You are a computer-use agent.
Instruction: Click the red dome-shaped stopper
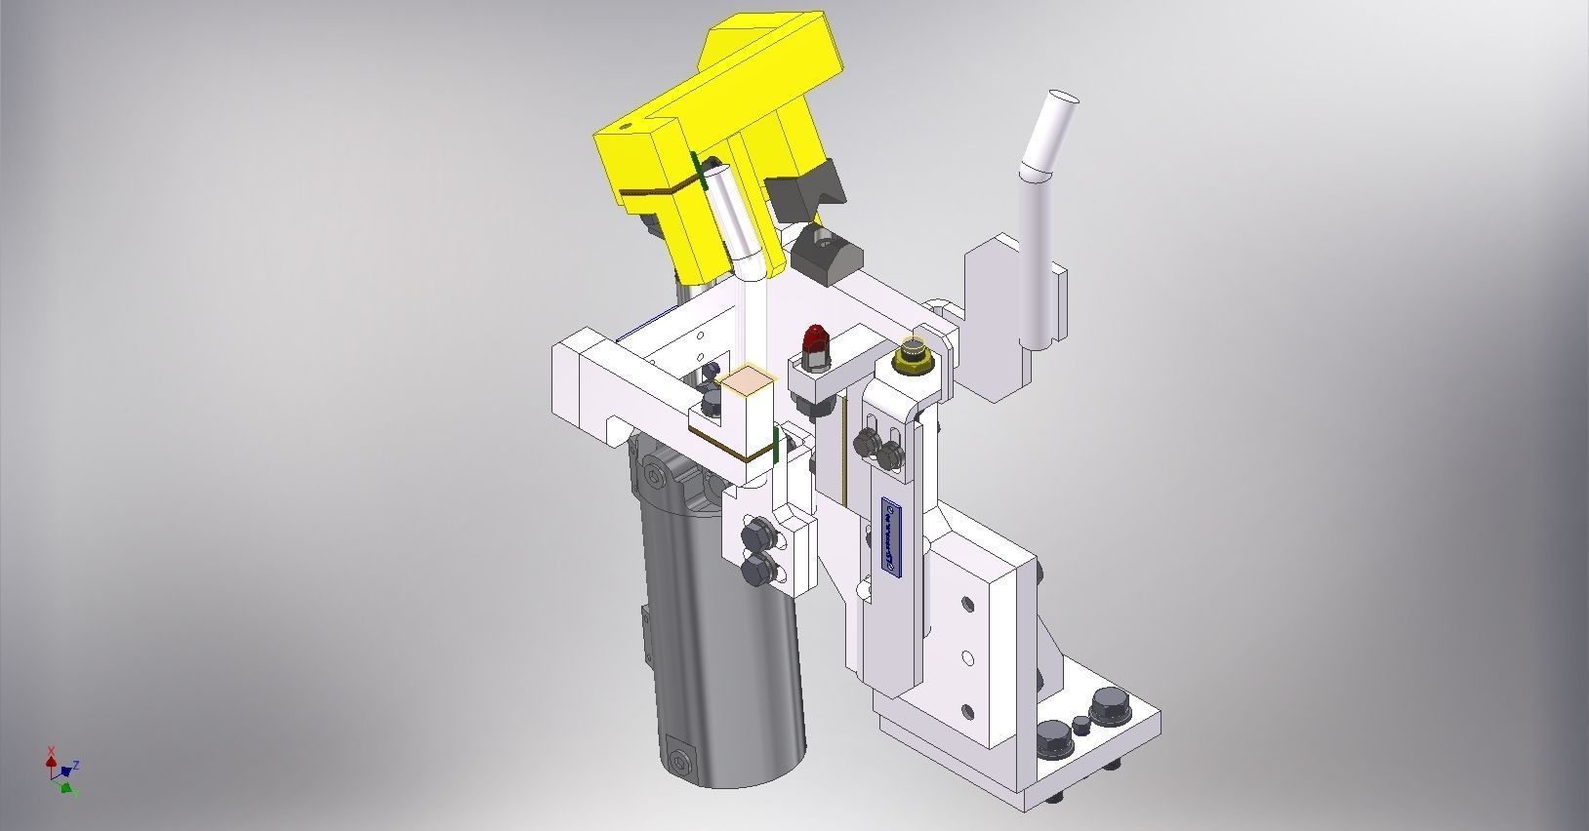tap(813, 342)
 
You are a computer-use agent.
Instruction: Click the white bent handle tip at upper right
tap(1061, 99)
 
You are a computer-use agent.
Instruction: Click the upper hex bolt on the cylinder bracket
tap(756, 536)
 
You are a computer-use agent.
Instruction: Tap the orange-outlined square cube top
tap(746, 380)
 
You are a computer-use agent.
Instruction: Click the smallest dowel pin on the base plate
tap(1081, 724)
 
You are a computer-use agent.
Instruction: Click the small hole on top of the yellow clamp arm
tap(625, 127)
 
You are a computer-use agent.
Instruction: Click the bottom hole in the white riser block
tap(967, 710)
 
